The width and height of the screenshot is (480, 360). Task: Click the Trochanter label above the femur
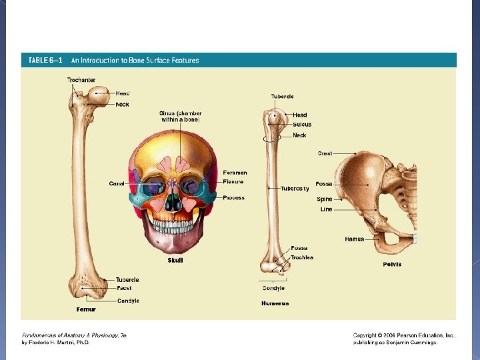81,80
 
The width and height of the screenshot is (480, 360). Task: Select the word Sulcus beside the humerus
301,125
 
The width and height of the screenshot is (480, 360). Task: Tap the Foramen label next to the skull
235,173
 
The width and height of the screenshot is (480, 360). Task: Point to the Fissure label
233,181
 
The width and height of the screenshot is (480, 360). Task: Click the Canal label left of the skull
117,183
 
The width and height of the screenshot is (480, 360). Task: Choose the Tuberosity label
295,189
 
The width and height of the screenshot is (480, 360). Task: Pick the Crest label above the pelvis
325,153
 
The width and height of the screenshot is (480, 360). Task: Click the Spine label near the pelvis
325,199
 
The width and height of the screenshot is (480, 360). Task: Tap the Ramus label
354,239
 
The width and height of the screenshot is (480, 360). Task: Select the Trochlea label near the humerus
301,257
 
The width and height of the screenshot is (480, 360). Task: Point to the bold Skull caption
175,260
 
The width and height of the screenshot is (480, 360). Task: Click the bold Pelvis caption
392,264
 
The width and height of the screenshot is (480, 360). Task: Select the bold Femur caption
86,309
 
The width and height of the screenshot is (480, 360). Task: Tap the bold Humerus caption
275,303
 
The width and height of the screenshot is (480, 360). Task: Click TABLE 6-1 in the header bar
45,60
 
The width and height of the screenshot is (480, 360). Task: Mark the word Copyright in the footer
367,335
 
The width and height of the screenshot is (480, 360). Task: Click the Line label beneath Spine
326,209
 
